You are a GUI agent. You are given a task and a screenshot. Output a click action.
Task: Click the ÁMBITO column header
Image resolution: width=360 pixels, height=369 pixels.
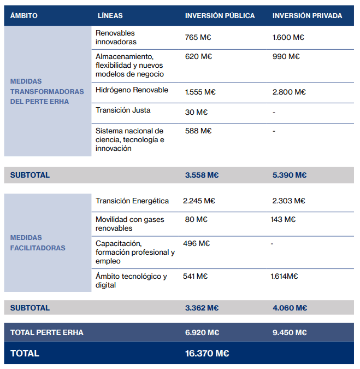23,16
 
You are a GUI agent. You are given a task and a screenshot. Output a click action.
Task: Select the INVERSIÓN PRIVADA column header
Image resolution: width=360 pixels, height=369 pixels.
307,16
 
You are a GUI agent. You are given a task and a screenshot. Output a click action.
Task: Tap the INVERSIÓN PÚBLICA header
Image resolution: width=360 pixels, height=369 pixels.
220,16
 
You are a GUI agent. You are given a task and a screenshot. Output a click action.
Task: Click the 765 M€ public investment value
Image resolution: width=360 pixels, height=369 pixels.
199,38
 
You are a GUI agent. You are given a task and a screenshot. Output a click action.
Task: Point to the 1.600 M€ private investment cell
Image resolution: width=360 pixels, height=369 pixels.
288,38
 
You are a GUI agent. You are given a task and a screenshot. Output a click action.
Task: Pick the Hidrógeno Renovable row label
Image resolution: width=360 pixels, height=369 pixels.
132,90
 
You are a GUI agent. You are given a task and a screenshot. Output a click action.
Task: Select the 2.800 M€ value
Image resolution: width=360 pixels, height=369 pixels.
289,92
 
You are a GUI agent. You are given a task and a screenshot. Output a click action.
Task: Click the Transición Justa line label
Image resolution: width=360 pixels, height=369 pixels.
123,110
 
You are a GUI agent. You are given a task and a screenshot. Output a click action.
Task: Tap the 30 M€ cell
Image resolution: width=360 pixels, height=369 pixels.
196,113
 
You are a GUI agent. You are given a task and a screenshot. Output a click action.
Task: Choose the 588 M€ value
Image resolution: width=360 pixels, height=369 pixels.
198,131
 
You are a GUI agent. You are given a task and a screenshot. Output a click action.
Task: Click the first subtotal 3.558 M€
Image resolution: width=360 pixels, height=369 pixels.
202,175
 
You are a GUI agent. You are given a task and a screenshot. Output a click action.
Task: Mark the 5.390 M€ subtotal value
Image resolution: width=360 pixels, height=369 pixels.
290,175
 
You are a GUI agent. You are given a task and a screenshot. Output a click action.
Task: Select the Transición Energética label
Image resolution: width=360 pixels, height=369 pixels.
132,201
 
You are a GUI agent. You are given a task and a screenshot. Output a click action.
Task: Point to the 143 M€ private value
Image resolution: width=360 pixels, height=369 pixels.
283,220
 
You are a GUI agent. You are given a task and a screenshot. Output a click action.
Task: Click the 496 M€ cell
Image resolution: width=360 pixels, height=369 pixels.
196,244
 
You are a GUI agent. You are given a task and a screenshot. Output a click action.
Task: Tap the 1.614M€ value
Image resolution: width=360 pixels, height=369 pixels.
284,277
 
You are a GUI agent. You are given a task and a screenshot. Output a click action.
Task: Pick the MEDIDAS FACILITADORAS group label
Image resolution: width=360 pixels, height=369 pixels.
38,243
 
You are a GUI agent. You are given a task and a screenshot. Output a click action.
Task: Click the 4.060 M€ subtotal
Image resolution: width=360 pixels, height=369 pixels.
290,308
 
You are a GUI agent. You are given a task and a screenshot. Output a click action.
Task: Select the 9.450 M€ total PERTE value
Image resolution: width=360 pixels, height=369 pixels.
290,333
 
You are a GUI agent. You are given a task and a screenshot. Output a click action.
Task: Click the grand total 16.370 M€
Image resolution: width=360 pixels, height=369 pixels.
207,354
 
